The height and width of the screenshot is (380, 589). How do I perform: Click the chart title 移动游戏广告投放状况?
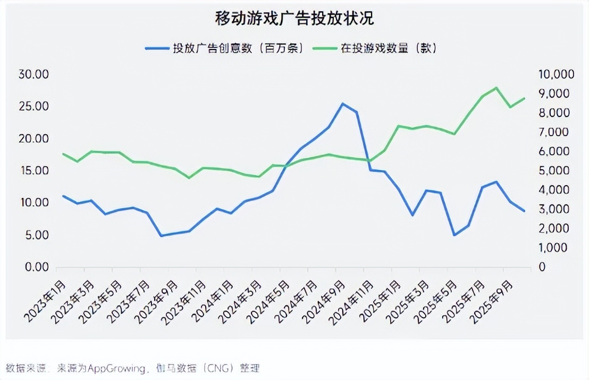pos(294,18)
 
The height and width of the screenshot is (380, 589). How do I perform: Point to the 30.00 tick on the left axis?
pos(34,74)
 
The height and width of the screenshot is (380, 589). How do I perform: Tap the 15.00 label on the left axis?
pos(34,171)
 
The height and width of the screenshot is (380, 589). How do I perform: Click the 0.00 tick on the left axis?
pos(36,267)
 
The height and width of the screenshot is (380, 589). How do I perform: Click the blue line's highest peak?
pos(343,104)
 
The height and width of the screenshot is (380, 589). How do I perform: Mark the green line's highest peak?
pos(496,88)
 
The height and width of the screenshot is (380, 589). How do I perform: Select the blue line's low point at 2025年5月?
pos(455,235)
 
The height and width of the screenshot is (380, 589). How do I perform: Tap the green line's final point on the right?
pos(524,98)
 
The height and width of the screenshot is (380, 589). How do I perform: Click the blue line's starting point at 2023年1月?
pos(64,196)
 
